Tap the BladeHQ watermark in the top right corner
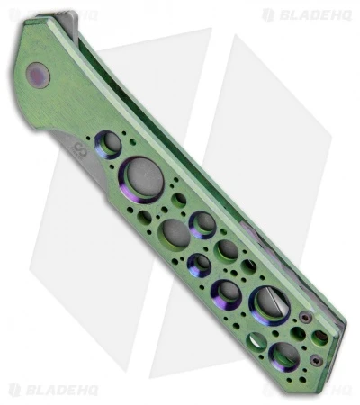coord(303,14)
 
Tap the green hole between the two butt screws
coord(319,337)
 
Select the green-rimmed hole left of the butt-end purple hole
coord(257,341)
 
